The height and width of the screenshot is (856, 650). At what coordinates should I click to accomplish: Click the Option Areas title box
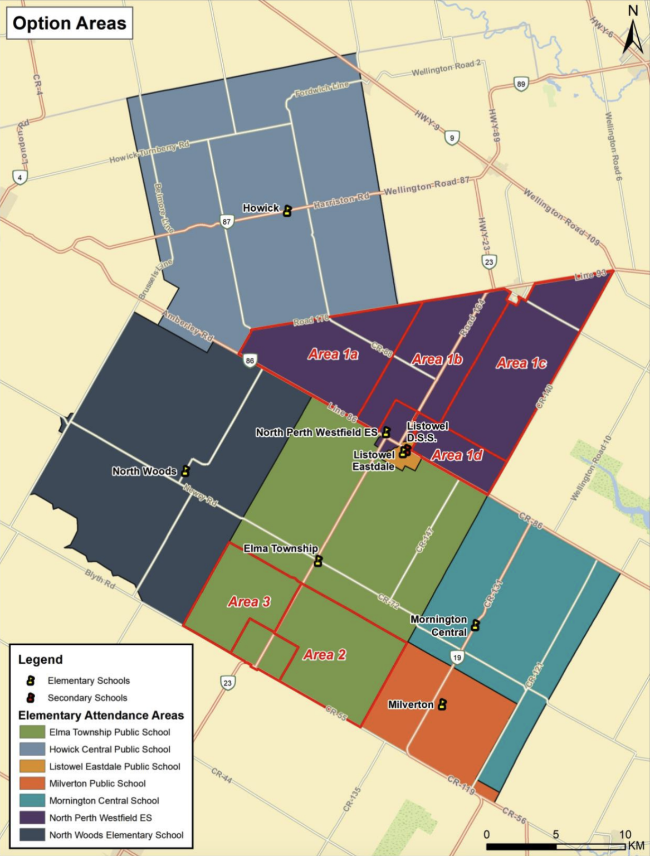[x=70, y=23]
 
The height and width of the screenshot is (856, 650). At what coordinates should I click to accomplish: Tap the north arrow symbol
[x=632, y=33]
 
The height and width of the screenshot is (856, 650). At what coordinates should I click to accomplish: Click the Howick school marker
[x=287, y=211]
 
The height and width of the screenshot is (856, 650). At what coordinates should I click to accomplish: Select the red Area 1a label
[x=333, y=354]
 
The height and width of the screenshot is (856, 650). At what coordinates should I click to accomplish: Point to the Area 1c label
[x=521, y=363]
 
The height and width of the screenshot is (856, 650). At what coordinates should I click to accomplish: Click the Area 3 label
[x=249, y=602]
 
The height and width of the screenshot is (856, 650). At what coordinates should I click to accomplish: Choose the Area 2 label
[x=324, y=655]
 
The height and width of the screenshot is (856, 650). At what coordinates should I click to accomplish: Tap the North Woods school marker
[x=186, y=471]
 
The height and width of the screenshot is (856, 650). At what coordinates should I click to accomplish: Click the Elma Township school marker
[x=318, y=561]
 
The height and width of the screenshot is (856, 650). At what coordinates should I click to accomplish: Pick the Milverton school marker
[x=442, y=704]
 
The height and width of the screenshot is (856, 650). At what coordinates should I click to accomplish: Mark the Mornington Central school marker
[x=475, y=625]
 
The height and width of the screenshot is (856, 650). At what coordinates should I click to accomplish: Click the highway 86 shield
[x=250, y=361]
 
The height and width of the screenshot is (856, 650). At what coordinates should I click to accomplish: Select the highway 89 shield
[x=521, y=84]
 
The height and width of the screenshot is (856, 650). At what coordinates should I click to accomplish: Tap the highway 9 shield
[x=452, y=138]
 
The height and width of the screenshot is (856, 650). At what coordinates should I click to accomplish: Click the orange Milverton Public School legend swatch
[x=32, y=784]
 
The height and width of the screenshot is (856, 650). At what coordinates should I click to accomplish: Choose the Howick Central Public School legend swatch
[x=32, y=749]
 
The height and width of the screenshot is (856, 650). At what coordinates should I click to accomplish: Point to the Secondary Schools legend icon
[x=31, y=698]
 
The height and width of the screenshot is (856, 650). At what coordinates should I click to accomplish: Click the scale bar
[x=556, y=847]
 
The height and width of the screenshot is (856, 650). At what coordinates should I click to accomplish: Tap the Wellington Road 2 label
[x=446, y=68]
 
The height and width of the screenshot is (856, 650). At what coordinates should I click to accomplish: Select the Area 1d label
[x=457, y=455]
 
